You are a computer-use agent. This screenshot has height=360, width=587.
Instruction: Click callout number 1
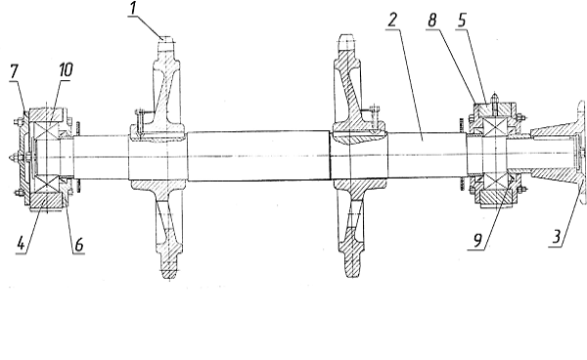coord(132,9)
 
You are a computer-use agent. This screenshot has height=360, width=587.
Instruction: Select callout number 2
coord(392,20)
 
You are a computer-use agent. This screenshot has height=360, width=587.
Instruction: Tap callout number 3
coord(557,238)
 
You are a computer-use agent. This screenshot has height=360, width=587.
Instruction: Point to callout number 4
coord(21,244)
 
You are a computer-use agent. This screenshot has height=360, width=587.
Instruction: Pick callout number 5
coord(462,21)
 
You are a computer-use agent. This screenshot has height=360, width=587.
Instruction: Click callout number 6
coord(78,245)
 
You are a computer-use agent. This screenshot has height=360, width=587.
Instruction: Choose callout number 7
coord(14,71)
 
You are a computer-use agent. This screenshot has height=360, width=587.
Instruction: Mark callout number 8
coord(432,21)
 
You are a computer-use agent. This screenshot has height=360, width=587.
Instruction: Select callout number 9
coord(477,241)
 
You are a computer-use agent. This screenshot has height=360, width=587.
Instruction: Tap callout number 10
coord(66,69)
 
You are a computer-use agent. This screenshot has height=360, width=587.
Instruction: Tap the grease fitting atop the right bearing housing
coord(495,99)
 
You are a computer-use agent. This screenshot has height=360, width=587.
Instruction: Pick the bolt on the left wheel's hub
coord(140,120)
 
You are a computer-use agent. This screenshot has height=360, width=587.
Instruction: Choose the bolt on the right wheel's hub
coord(374,118)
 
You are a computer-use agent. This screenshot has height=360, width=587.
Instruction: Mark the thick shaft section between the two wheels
coord(258,157)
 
